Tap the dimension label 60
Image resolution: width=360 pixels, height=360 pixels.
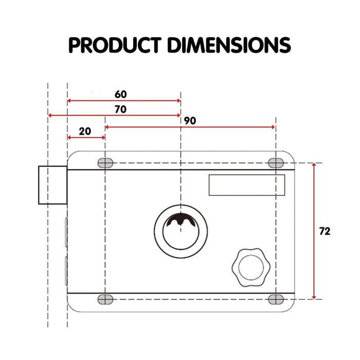coord(120,94)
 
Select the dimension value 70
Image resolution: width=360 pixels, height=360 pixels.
coord(120,109)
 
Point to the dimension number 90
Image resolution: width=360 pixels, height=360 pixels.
coord(190,120)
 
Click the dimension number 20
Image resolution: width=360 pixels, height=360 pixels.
coord(85,131)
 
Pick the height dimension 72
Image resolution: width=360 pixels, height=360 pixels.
coord(325,231)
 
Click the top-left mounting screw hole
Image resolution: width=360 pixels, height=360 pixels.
coord(105,163)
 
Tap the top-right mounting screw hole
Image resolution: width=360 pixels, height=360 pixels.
coord(276,163)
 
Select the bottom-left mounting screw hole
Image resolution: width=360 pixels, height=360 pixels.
coord(105,299)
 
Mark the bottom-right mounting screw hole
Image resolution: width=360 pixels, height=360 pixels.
coord(276,299)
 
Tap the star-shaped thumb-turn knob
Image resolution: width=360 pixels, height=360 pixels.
coord(250,267)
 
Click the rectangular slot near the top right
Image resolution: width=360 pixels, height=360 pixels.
coord(246,185)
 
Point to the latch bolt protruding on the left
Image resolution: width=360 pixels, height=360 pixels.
coord(52,185)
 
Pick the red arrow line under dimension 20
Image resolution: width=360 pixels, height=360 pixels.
coord(86,138)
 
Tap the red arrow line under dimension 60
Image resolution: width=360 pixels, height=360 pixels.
coord(124,101)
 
